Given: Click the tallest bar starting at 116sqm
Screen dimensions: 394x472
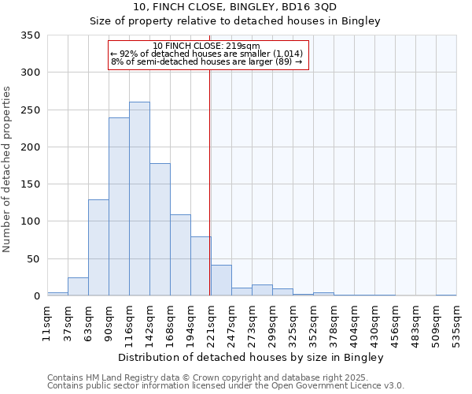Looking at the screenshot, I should pos(139,199).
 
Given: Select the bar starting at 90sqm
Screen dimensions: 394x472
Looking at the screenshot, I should pos(119,206).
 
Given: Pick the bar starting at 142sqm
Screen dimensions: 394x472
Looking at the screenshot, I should pos(160,229).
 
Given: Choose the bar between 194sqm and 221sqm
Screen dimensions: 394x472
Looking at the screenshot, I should pos(201,266).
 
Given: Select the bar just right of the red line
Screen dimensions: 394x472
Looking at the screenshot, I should pos(221,281).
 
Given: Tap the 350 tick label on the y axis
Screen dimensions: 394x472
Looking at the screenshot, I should pos(30,35).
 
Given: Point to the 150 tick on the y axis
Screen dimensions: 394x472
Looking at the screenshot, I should pos(30,184).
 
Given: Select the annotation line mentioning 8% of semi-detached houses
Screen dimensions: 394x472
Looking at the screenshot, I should pos(207,61).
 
